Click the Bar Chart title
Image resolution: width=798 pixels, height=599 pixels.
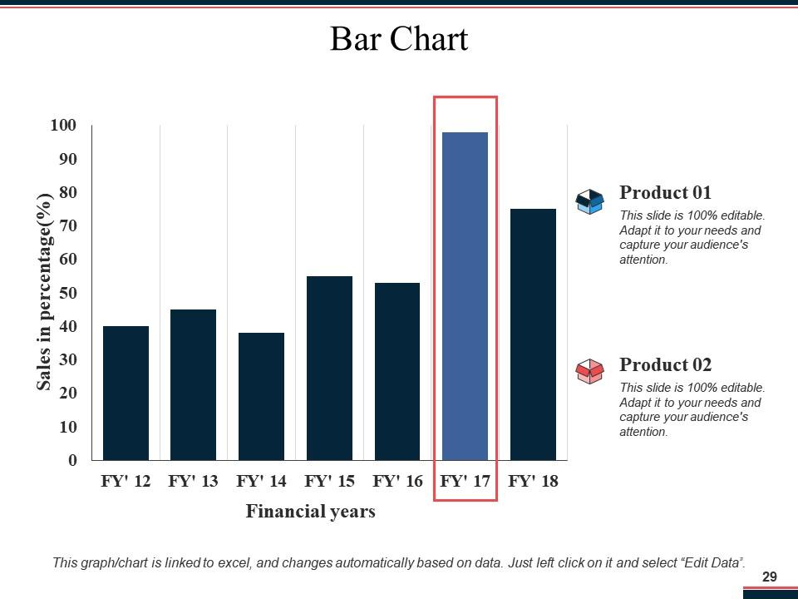(399, 39)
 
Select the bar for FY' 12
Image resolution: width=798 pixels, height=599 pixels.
(126, 393)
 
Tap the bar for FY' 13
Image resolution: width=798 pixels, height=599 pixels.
(193, 384)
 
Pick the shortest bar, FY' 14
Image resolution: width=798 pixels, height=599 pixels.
(261, 396)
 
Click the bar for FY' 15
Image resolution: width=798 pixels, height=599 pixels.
(329, 368)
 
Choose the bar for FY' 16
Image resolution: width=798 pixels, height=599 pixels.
(397, 371)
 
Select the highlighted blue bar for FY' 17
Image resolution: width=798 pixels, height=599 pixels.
(465, 295)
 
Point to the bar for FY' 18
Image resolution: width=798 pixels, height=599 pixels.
(533, 334)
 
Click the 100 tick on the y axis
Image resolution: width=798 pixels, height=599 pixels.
(63, 126)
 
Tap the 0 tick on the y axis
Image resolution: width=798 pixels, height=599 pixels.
(72, 460)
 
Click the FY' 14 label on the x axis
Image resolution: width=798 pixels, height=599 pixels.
(261, 482)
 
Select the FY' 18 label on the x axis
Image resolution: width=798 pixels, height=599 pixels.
(533, 482)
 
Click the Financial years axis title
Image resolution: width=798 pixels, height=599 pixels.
(310, 512)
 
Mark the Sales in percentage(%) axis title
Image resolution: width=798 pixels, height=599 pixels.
(45, 291)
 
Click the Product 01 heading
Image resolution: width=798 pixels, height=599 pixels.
(665, 193)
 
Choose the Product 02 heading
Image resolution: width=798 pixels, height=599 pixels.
(665, 365)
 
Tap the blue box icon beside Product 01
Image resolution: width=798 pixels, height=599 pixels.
(589, 201)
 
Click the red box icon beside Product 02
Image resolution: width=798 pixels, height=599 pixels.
(589, 371)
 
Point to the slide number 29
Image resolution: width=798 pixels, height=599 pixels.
(769, 577)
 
